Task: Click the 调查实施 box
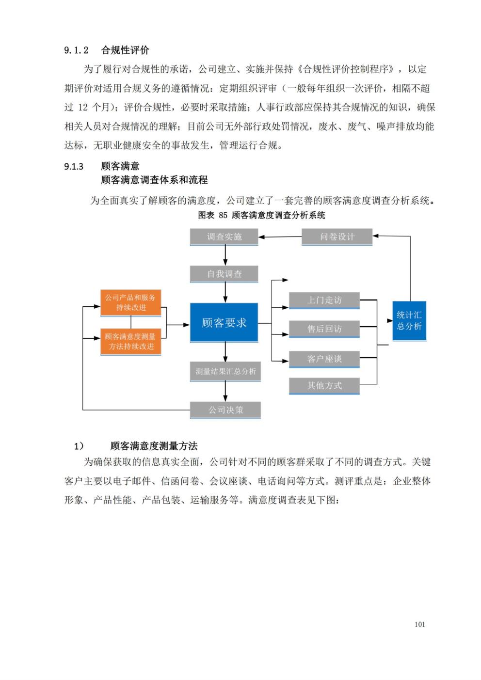coord(224,237)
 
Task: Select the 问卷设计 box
coord(337,237)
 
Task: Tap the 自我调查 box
coord(224,274)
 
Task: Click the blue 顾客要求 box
coord(224,323)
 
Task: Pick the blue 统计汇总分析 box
coord(409,321)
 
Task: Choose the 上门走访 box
coord(324,300)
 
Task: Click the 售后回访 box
coord(324,329)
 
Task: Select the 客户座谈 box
coord(324,360)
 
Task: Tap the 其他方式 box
coord(324,386)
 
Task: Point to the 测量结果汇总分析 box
coord(225,371)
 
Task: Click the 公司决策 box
coord(225,410)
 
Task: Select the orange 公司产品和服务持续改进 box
coord(130,303)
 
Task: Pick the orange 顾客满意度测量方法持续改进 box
coord(130,342)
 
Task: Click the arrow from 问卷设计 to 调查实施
coord(280,237)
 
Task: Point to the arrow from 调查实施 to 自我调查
coord(225,255)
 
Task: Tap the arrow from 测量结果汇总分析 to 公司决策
coord(225,392)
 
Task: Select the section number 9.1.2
coord(76,50)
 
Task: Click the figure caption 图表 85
coord(212,215)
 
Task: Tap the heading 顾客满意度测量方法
coord(154,446)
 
